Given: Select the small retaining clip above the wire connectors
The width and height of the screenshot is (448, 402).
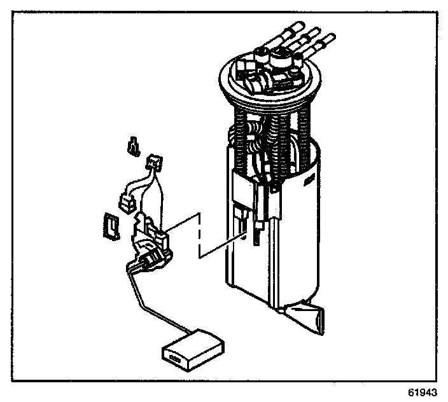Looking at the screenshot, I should tap(134, 147).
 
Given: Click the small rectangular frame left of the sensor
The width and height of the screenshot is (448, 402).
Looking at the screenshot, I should tap(111, 225).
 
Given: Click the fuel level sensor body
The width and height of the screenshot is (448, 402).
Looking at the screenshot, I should tap(150, 242).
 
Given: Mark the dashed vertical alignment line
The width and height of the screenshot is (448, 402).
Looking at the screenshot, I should tap(201, 235).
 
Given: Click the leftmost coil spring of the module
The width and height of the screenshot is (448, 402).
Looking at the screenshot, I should tap(239, 140).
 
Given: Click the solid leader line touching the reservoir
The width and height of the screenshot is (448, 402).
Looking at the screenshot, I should tap(223, 248).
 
